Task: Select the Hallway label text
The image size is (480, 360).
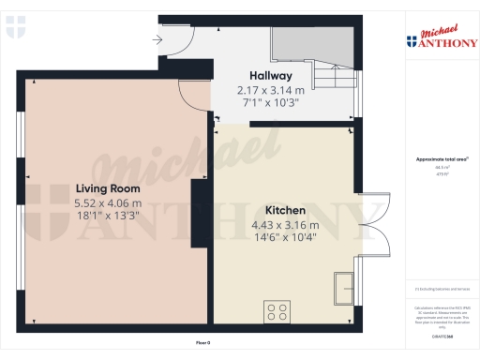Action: [271, 76]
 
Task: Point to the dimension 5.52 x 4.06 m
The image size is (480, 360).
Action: [108, 203]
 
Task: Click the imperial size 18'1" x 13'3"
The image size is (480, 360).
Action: [108, 217]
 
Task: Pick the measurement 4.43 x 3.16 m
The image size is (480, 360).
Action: [285, 225]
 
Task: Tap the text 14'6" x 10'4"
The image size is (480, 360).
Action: [285, 238]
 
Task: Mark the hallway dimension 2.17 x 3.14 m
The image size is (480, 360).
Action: [271, 90]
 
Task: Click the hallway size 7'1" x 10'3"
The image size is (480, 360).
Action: [271, 103]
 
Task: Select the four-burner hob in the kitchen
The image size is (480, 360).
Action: [277, 310]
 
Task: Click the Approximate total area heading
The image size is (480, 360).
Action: [437, 159]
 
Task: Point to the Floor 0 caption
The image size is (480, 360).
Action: [202, 345]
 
